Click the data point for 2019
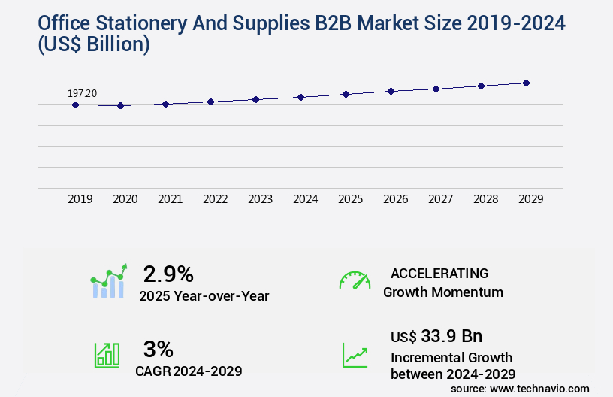point(75,105)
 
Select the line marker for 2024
point(300,97)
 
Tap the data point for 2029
point(526,83)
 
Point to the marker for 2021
point(165,104)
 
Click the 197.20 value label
point(82,93)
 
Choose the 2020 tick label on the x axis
point(125,199)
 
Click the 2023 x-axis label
point(261,199)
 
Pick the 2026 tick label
point(396,199)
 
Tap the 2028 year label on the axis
point(486,199)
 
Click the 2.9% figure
point(168,273)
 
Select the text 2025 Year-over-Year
point(204,296)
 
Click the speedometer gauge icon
point(355,280)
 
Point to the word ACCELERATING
point(439,273)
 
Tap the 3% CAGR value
point(158,349)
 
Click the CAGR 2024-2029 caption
point(189,371)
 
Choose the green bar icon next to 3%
point(107,355)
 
